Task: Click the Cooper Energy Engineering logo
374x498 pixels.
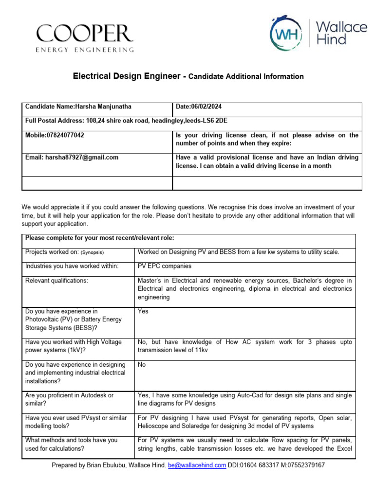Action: point(85,37)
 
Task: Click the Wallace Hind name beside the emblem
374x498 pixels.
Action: point(341,33)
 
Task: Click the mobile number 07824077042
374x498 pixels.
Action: point(65,135)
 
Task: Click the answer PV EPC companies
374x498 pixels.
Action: point(165,266)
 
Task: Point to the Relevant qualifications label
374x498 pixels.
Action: point(56,281)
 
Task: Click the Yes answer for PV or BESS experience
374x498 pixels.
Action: point(143,311)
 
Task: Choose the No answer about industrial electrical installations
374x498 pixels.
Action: point(142,364)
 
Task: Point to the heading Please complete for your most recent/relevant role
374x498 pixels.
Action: point(99,238)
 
